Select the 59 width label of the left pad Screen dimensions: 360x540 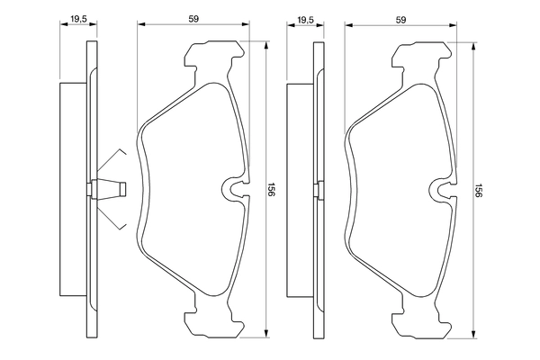click(x=193, y=15)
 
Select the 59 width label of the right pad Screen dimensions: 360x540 click(x=403, y=15)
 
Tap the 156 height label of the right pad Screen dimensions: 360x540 click(x=480, y=191)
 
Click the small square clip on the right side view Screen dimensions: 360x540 click(x=316, y=190)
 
